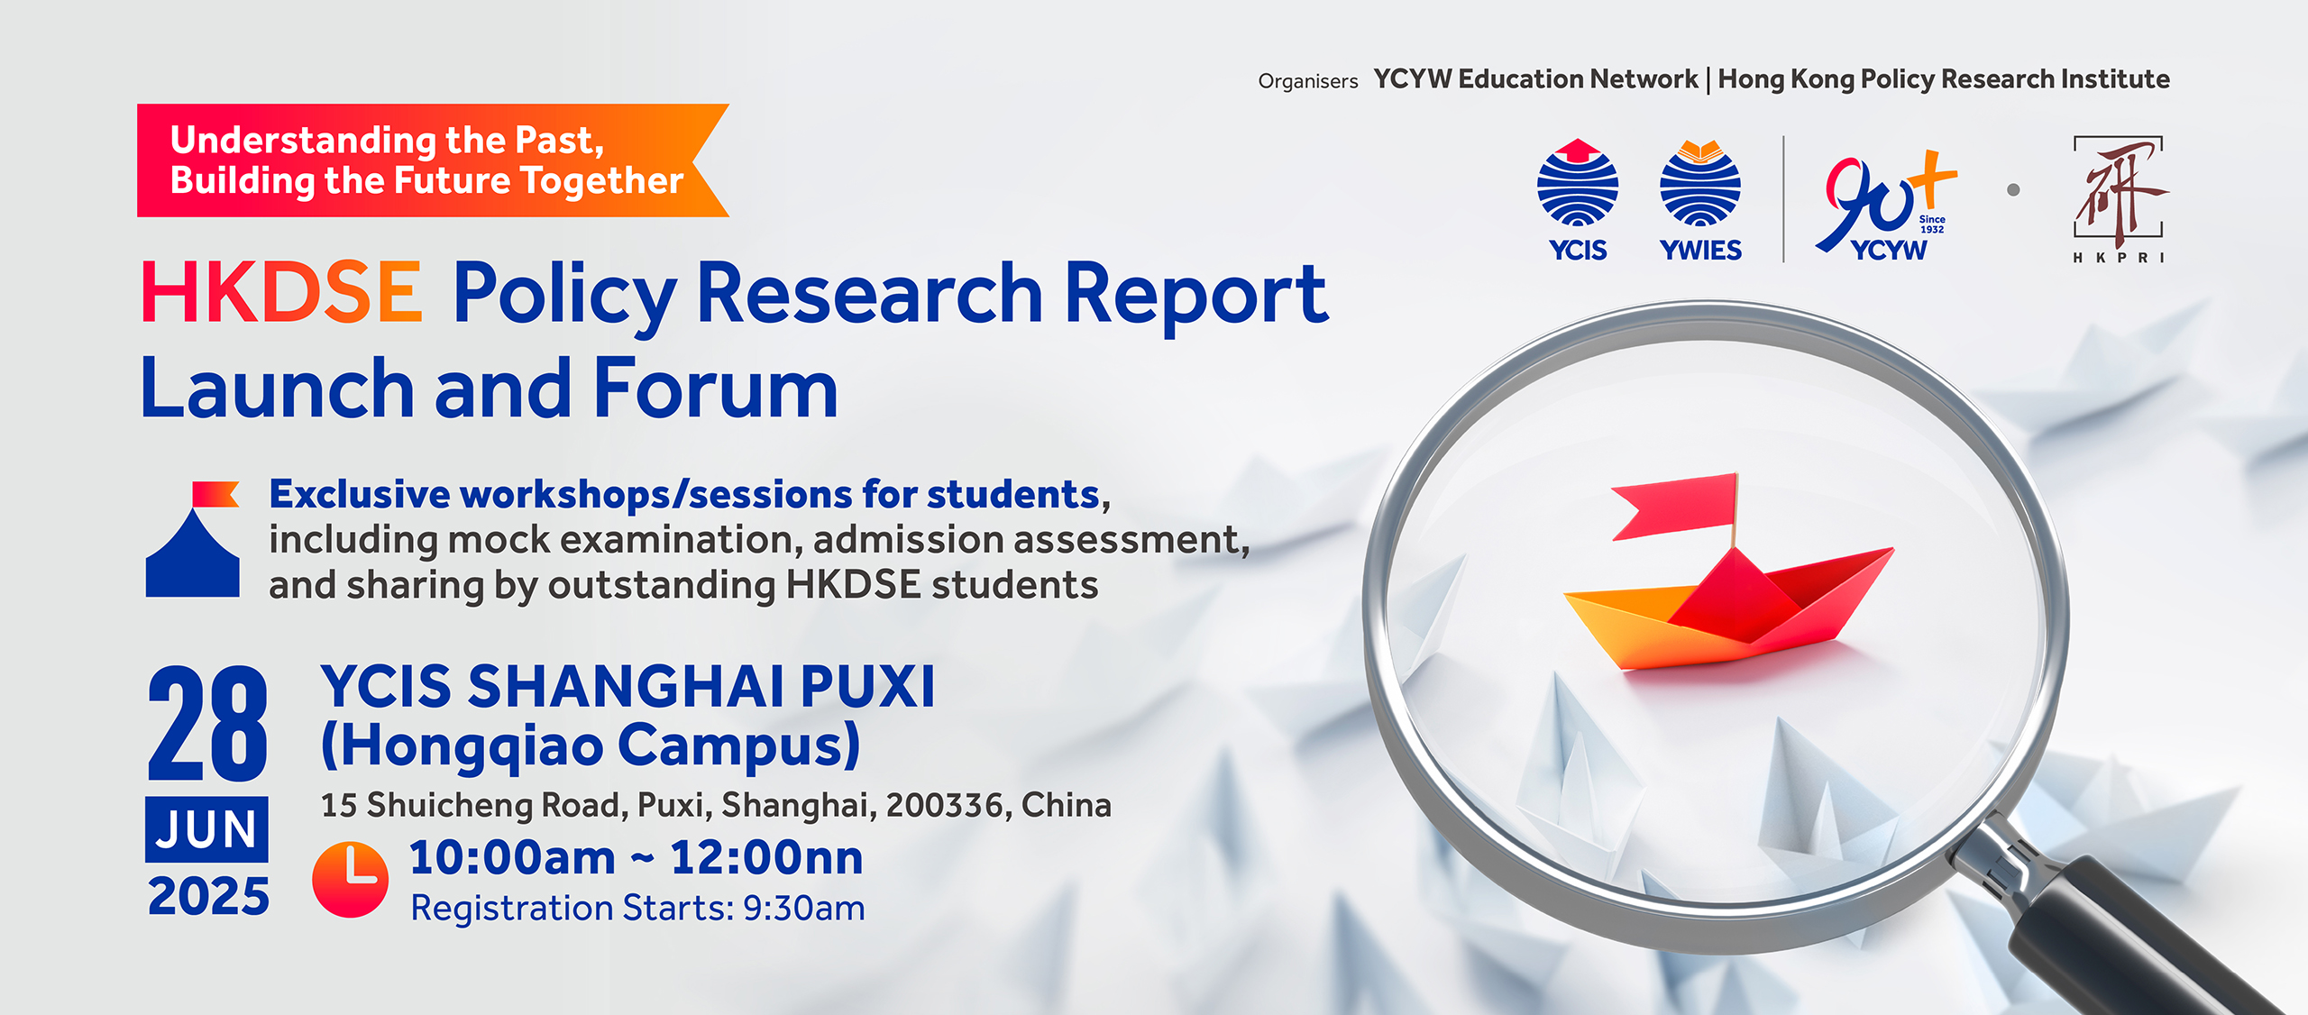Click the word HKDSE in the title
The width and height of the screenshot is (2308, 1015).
(x=281, y=293)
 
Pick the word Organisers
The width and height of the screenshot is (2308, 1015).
(x=1307, y=82)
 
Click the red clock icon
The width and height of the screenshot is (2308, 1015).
(x=350, y=880)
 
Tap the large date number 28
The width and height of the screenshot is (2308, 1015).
(x=207, y=725)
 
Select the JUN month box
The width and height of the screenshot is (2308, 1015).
(x=206, y=829)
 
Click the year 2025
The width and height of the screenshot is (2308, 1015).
(x=208, y=896)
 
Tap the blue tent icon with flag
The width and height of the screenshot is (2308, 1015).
(x=193, y=541)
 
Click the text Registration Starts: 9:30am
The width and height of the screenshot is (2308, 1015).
(x=637, y=908)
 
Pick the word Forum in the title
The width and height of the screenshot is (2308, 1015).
(x=716, y=389)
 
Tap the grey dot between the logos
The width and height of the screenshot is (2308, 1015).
(x=2013, y=190)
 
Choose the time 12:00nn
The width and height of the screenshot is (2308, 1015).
(x=766, y=857)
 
